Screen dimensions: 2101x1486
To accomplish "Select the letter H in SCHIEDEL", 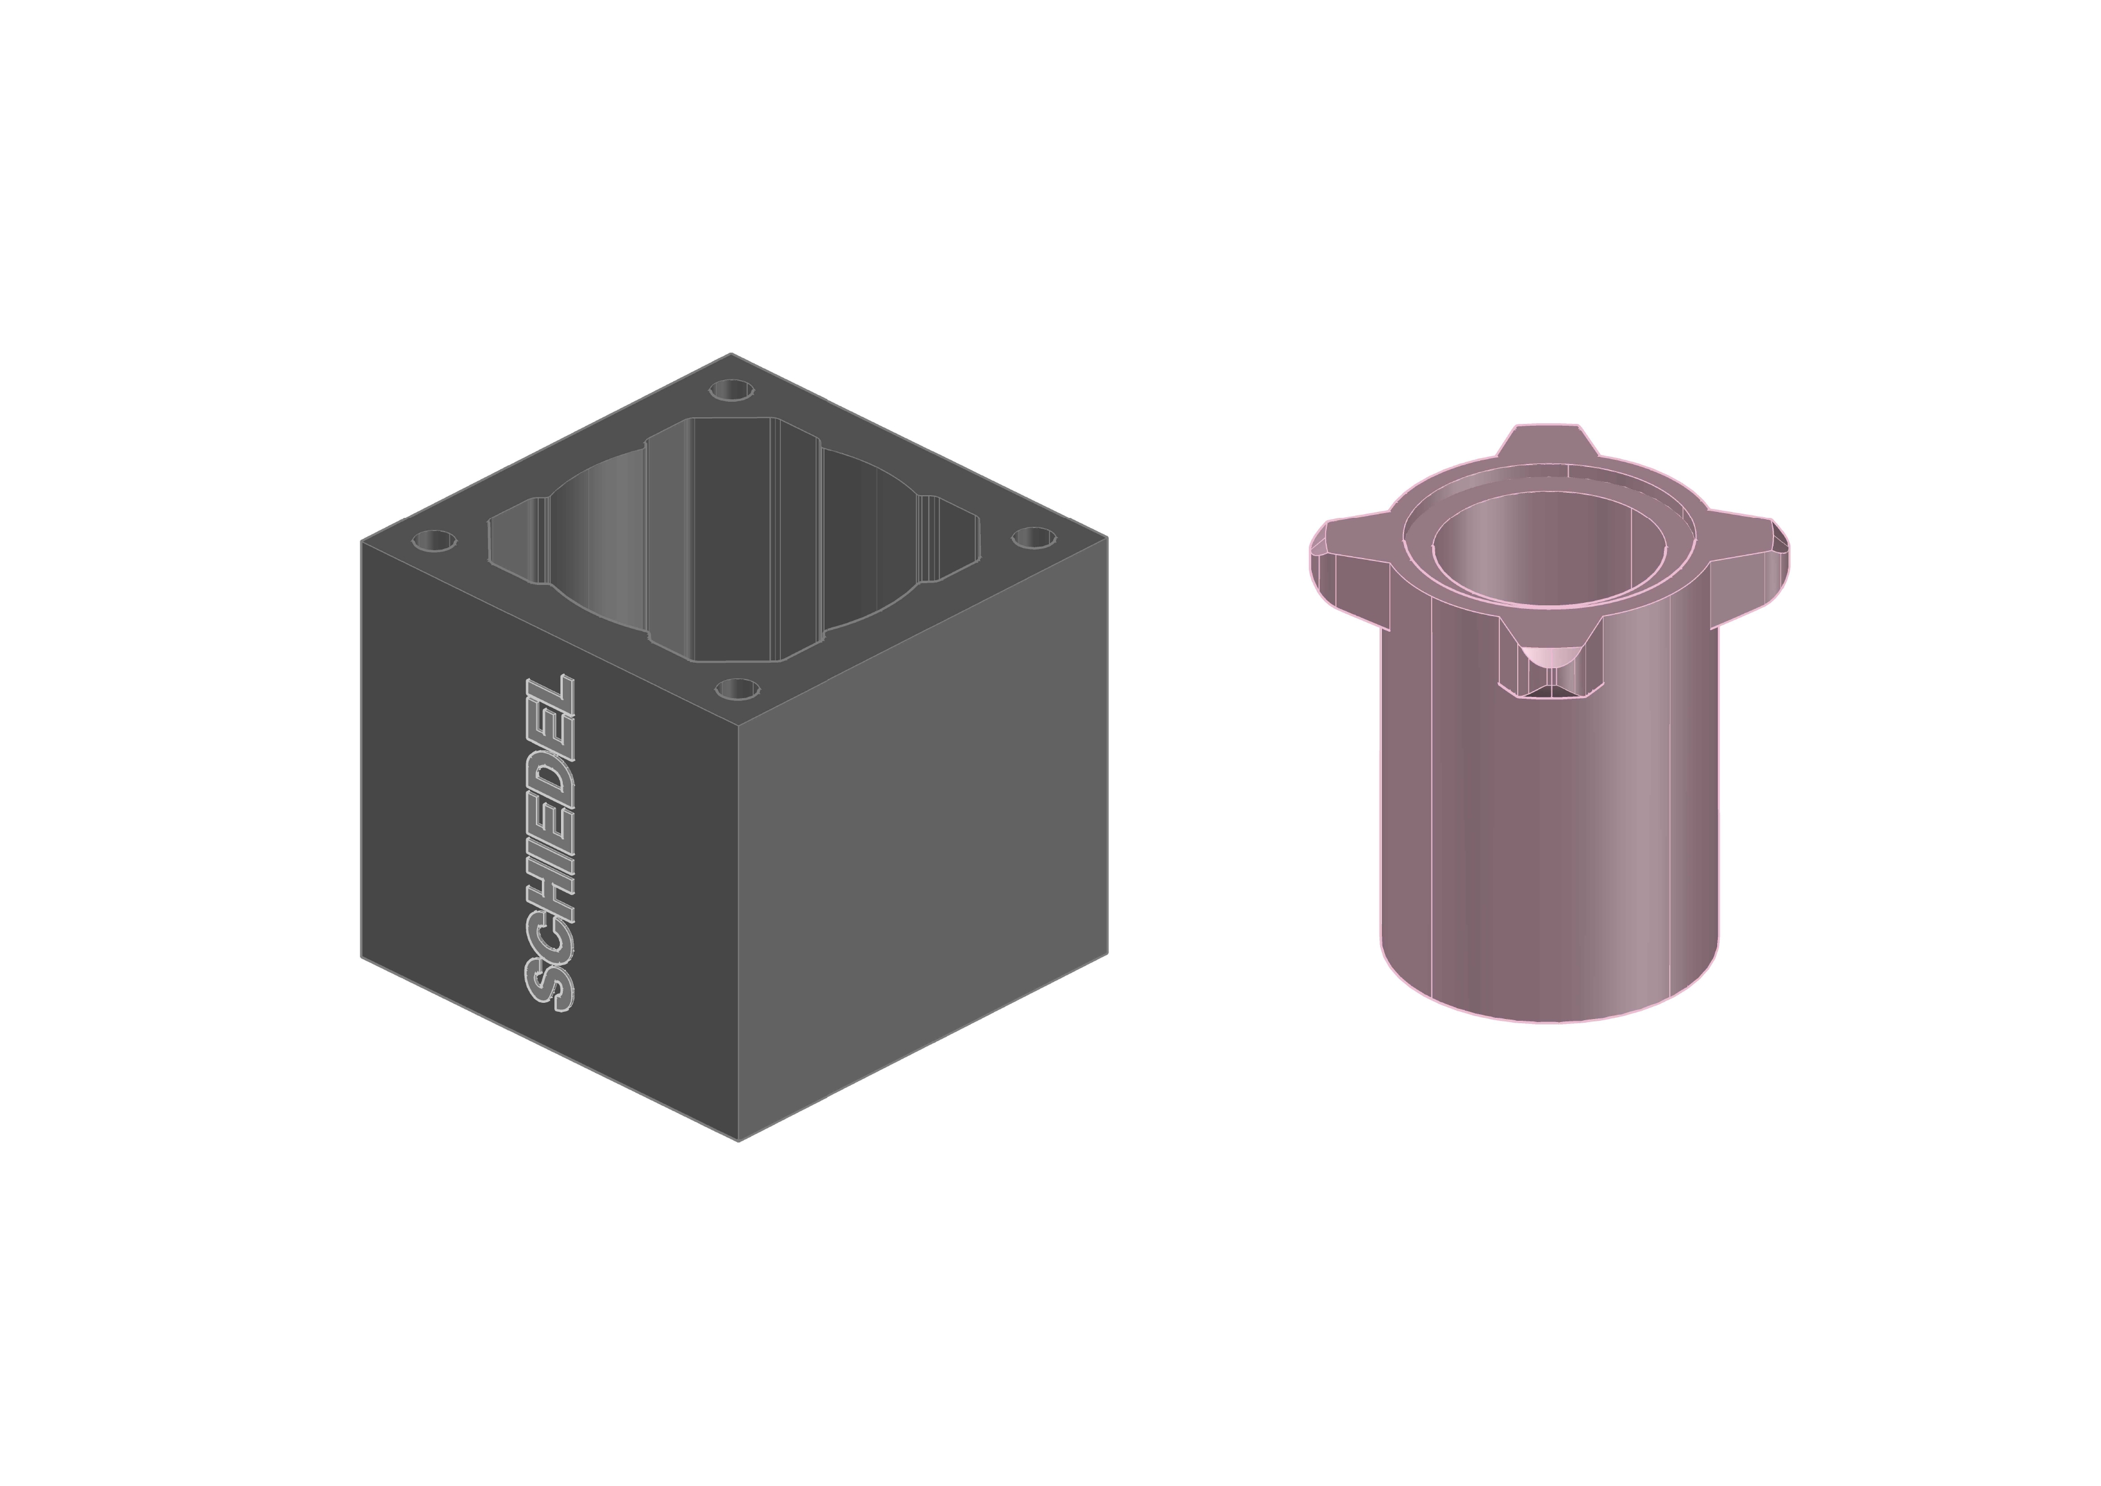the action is coord(550,885).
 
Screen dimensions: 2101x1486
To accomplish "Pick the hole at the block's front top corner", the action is coord(738,688).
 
